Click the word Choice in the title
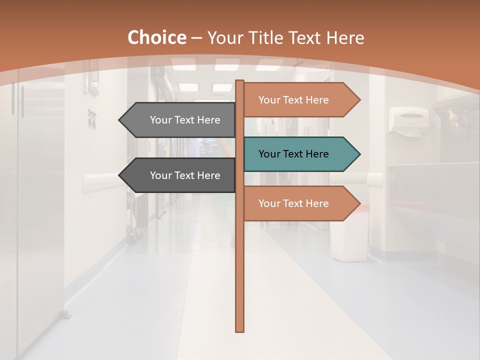pyautogui.click(x=156, y=37)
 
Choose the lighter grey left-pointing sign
pyautogui.click(x=180, y=120)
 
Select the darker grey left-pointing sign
pyautogui.click(x=180, y=175)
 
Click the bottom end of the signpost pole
pyautogui.click(x=239, y=330)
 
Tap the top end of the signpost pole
pyautogui.click(x=239, y=82)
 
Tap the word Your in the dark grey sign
pyautogui.click(x=161, y=175)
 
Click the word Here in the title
pyautogui.click(x=345, y=37)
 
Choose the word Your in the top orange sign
pyautogui.click(x=269, y=100)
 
